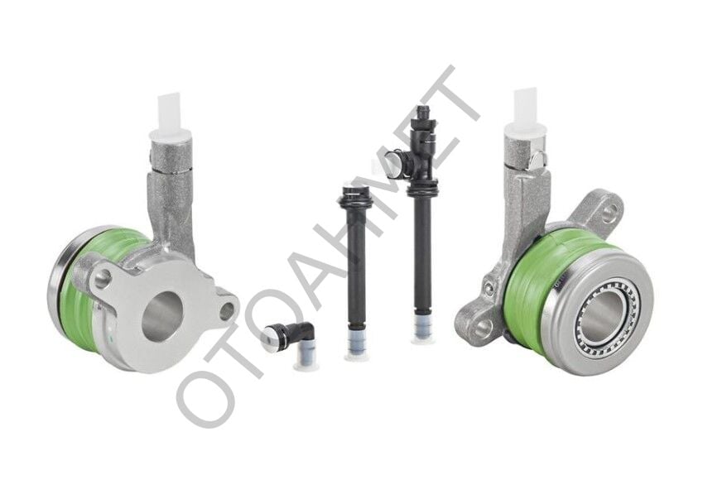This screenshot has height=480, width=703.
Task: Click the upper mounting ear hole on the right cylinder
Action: pyautogui.click(x=608, y=214)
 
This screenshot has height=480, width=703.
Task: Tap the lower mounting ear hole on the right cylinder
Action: pyautogui.click(x=483, y=328)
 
